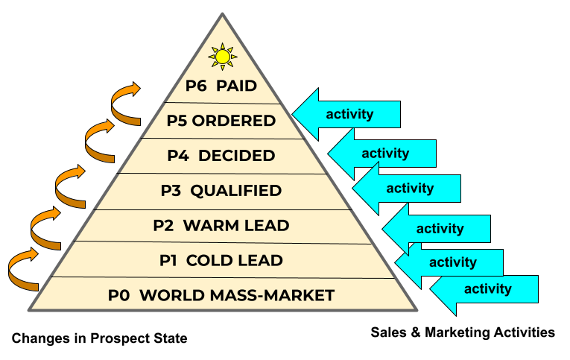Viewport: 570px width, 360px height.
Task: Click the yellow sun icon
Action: (222, 57)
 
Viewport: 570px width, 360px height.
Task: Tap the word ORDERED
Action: (234, 121)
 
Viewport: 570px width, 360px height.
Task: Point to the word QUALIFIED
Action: (235, 191)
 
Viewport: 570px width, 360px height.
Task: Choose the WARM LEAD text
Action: (236, 225)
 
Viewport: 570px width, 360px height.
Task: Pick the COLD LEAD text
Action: (235, 260)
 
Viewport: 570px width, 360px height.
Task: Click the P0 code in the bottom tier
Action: (119, 295)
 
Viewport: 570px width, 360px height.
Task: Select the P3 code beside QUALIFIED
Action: (171, 191)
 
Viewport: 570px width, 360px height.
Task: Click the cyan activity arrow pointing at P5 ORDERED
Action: (347, 114)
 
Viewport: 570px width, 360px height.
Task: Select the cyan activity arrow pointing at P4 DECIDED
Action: (383, 154)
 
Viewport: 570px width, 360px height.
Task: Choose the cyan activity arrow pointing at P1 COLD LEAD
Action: (451, 262)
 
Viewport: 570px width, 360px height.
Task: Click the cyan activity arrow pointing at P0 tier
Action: (486, 289)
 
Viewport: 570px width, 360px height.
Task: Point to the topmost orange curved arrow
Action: (124, 103)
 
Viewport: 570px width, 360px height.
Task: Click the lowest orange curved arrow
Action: (24, 271)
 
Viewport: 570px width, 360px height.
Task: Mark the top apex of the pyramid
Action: (222, 13)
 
